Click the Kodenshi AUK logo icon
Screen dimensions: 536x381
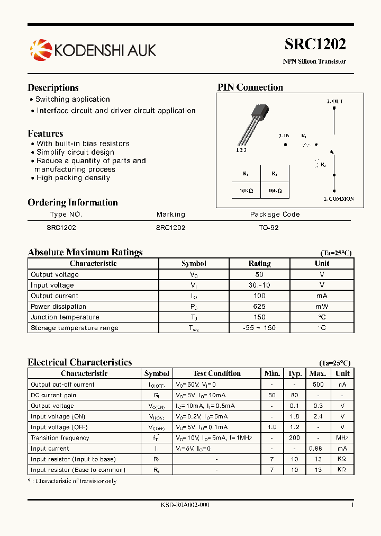(41, 50)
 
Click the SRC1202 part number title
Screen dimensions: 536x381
(315, 44)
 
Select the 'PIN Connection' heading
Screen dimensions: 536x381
(250, 87)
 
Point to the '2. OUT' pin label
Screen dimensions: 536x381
(334, 101)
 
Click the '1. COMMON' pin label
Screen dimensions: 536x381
(338, 199)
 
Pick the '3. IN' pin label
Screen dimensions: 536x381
(284, 136)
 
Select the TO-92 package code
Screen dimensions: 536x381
(268, 227)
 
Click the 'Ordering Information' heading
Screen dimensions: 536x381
(72, 202)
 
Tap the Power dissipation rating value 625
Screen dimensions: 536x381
(259, 307)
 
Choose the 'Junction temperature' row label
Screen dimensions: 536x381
(65, 317)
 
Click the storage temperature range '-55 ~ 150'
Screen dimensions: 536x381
(259, 328)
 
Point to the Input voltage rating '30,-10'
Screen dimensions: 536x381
(259, 285)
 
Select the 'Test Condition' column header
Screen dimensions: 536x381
(217, 373)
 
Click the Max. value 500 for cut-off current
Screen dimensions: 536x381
(317, 385)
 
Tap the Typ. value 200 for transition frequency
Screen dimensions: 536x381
(295, 438)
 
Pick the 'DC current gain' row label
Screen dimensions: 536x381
(53, 395)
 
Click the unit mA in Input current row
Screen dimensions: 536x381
(342, 449)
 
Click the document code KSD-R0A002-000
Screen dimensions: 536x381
(185, 505)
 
